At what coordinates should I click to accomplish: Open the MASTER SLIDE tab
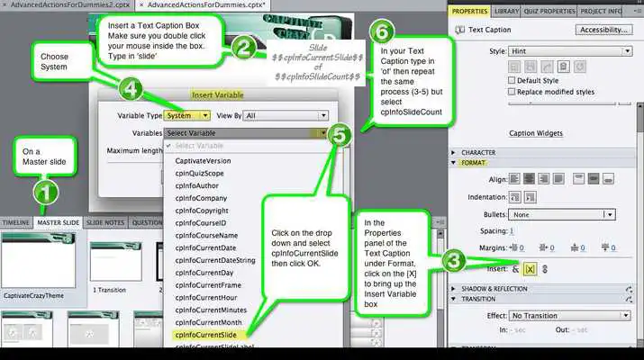[59, 221]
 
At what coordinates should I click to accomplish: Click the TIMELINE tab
[15, 221]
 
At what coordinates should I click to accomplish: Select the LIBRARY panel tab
[506, 11]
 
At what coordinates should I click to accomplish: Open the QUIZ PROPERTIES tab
[549, 11]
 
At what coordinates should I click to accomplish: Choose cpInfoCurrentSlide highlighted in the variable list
[213, 335]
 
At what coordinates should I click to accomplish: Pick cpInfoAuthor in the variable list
[198, 184]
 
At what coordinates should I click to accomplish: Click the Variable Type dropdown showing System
[188, 115]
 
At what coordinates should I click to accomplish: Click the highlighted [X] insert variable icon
[531, 267]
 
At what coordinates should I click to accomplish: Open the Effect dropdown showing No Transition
[563, 316]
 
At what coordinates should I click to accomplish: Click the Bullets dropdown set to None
[563, 215]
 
